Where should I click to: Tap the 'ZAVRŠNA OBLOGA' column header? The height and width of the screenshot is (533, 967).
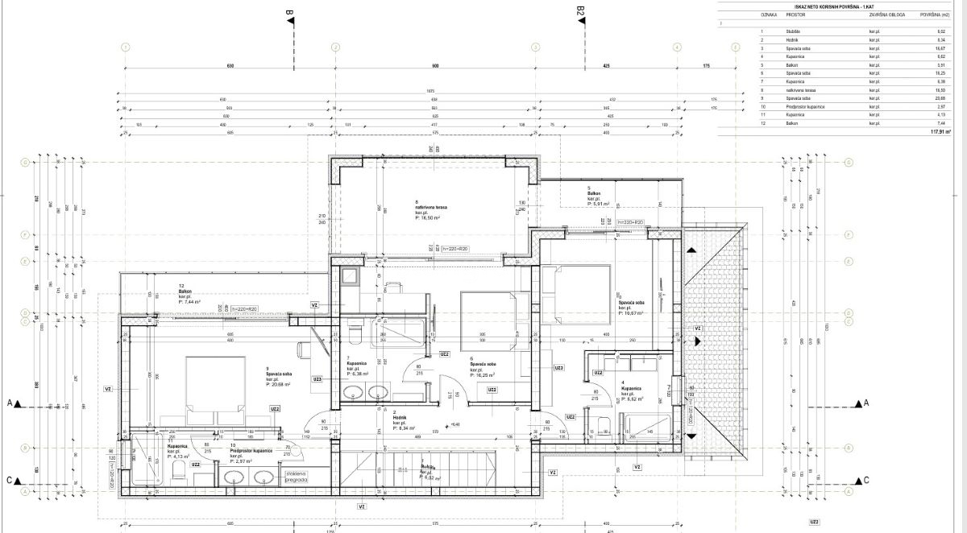click(x=882, y=14)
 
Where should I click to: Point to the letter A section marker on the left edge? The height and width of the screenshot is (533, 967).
click(x=10, y=402)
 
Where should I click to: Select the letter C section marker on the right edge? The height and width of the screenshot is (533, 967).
click(x=866, y=481)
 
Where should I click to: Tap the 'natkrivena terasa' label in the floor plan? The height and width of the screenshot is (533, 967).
click(x=431, y=207)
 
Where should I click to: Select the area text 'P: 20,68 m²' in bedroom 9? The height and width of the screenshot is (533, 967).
click(x=278, y=385)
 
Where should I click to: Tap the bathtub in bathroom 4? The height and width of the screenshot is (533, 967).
click(x=647, y=427)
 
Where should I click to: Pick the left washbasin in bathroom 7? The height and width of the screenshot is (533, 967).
click(x=352, y=394)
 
